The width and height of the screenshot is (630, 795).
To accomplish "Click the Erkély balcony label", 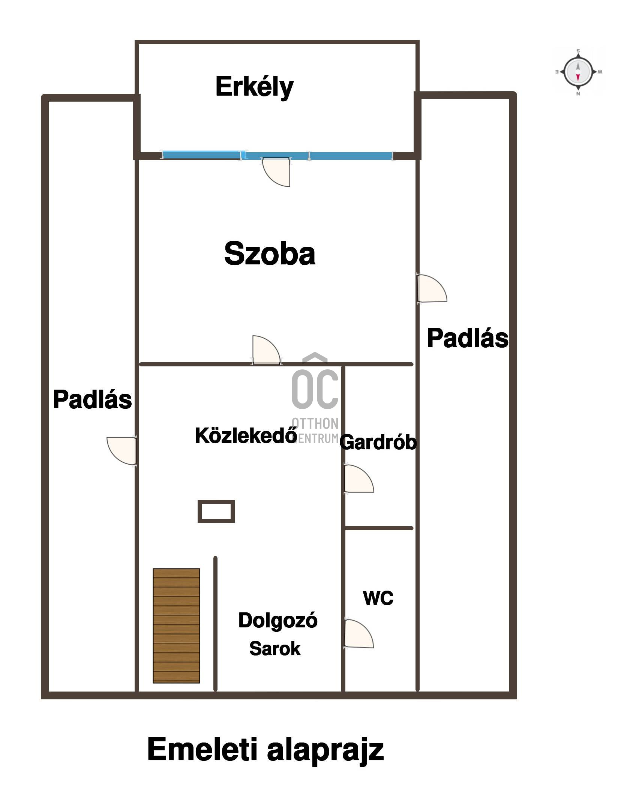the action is tap(254, 87).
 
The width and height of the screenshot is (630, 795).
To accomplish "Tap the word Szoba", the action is tap(270, 253).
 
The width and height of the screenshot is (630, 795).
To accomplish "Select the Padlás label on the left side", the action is tap(92, 399).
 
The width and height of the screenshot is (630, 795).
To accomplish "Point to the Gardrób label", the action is tap(378, 442).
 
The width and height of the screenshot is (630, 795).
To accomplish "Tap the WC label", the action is tap(378, 598).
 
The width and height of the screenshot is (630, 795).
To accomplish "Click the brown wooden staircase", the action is tap(176, 625).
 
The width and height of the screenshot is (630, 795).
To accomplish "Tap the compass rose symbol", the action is tap(578, 72).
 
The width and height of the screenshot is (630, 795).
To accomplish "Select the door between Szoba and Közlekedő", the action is tap(266, 350).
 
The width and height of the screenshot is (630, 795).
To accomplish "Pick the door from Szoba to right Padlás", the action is tap(432, 288).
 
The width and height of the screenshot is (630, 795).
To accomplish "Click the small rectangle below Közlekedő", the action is tap(216, 511).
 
